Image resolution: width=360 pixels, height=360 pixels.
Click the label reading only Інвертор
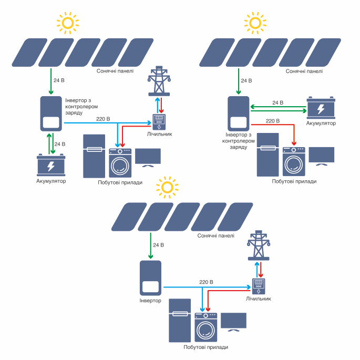coord(150,301)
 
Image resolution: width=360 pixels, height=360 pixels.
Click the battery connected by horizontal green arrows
coord(321,108)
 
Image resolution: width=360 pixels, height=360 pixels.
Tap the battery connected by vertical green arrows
coord(51,166)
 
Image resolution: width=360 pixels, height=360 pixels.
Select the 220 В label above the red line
coord(273,121)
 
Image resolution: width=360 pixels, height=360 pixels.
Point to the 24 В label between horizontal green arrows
coord(277,102)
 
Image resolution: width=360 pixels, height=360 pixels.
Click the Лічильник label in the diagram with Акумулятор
coord(160,135)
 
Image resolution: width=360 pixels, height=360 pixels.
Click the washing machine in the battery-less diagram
coord(206,328)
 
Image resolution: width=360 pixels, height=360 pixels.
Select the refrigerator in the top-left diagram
coord(95,156)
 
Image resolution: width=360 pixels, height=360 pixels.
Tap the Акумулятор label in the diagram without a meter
coord(321,123)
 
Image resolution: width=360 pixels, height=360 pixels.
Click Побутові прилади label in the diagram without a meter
coord(294,181)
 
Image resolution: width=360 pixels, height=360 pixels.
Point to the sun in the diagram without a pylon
coord(255,23)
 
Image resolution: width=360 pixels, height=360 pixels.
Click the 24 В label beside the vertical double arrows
coord(60,143)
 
